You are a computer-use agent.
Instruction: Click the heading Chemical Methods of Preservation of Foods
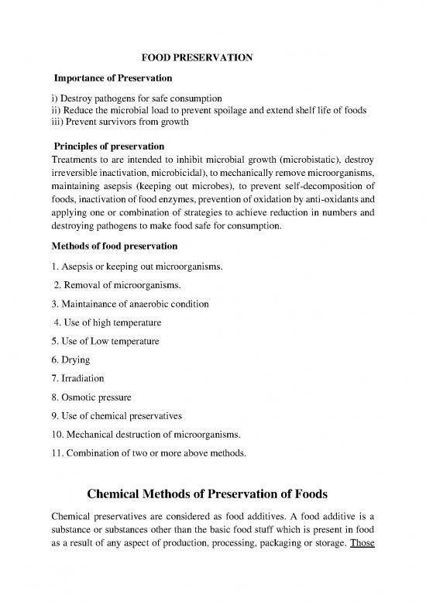click(212, 494)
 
